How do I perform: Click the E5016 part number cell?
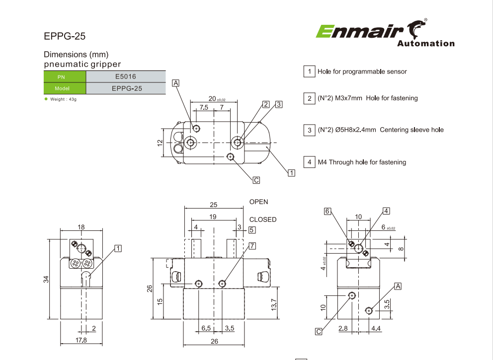[x=125, y=76]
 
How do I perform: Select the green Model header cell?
[x=65, y=88]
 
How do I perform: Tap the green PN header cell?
[x=65, y=77]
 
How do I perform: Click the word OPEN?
[x=258, y=202]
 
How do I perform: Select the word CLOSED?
[x=263, y=219]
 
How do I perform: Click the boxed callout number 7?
[x=252, y=246]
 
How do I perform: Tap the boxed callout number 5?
[x=252, y=230]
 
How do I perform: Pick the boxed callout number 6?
[x=328, y=211]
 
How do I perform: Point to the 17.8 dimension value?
[x=81, y=340]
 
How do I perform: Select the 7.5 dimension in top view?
[x=204, y=107]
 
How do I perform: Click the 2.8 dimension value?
[x=342, y=328]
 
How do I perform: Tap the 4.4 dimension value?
[x=376, y=328]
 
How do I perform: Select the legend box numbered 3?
[x=309, y=130]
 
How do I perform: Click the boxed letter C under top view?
[x=256, y=180]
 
